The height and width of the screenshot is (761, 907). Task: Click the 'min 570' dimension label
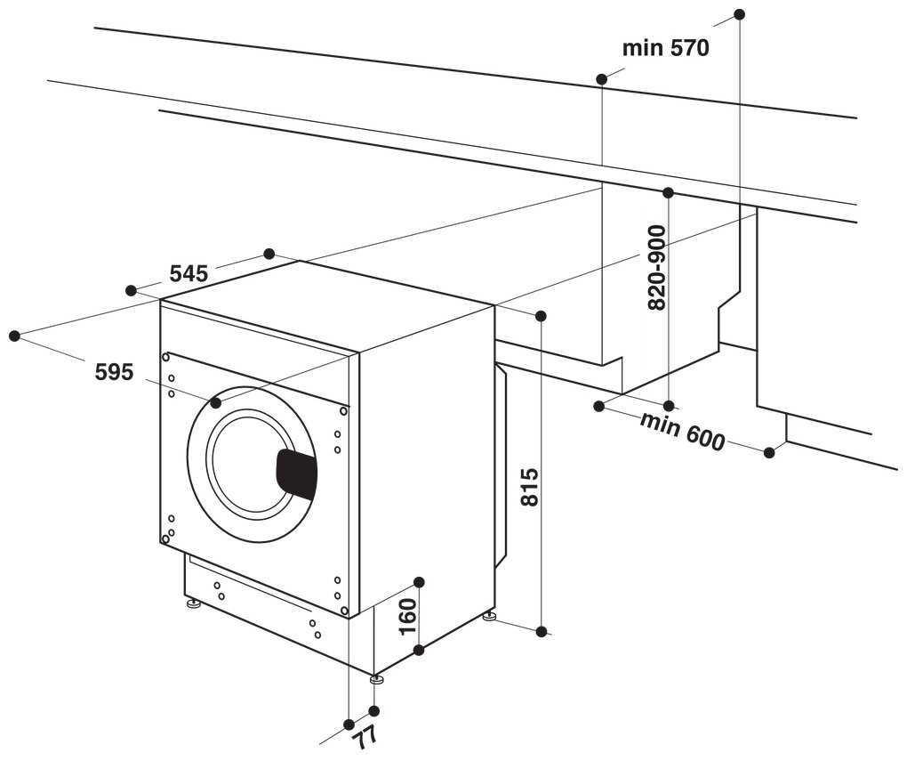click(x=665, y=48)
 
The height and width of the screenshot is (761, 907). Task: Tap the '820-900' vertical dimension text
click(x=657, y=267)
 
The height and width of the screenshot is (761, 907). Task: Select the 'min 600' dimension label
click(x=682, y=432)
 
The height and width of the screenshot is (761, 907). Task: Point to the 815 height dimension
click(x=529, y=487)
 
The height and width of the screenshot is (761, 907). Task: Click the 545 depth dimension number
click(x=189, y=273)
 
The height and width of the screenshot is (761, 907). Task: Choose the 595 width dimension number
click(x=114, y=372)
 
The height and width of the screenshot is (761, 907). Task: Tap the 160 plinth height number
click(x=407, y=616)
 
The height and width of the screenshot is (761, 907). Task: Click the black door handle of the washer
click(x=297, y=474)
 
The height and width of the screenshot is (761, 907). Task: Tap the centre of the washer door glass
click(x=249, y=463)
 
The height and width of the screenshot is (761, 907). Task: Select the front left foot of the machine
click(x=193, y=604)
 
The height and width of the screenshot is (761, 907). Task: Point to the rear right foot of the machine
click(x=489, y=615)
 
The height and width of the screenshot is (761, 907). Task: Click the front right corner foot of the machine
click(x=376, y=680)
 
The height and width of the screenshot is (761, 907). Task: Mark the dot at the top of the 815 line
click(x=541, y=316)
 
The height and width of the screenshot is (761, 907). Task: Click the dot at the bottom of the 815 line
click(x=541, y=631)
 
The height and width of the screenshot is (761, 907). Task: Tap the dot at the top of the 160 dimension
click(x=420, y=582)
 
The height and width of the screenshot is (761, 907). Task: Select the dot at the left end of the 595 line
click(x=14, y=336)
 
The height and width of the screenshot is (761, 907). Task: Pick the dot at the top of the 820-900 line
click(x=668, y=192)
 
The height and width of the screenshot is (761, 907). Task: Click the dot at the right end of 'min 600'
click(x=769, y=452)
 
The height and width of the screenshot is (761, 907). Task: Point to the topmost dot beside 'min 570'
click(x=739, y=14)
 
